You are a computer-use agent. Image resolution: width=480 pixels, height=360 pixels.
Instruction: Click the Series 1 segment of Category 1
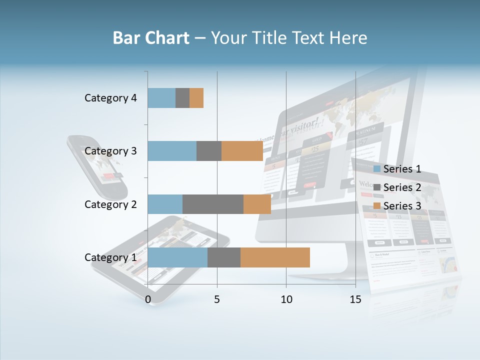pyautogui.click(x=177, y=257)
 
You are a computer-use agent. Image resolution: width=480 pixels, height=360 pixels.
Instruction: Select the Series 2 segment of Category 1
pyautogui.click(x=224, y=257)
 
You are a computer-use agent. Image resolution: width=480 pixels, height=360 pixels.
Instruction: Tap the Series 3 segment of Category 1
pyautogui.click(x=275, y=257)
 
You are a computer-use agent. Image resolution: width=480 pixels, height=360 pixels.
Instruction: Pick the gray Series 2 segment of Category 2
pyautogui.click(x=213, y=204)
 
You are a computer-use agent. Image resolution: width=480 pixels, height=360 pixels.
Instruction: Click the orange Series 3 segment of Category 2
pyautogui.click(x=257, y=204)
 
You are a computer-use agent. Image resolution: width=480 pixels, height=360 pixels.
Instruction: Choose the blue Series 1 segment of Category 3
pyautogui.click(x=172, y=151)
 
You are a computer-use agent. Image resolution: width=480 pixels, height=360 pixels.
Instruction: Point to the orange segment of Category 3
pyautogui.click(x=242, y=151)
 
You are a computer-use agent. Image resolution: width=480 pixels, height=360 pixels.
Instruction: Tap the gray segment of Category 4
pyautogui.click(x=182, y=98)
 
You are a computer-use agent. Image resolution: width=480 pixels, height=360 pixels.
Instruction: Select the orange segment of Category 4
pyautogui.click(x=196, y=98)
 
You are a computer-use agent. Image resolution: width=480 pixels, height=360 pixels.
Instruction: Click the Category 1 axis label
pyautogui.click(x=110, y=257)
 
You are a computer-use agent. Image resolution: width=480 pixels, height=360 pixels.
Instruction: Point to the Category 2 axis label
pyautogui.click(x=110, y=204)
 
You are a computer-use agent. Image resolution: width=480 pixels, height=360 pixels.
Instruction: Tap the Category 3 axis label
pyautogui.click(x=110, y=151)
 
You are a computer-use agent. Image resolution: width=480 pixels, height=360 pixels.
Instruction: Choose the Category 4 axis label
pyautogui.click(x=110, y=98)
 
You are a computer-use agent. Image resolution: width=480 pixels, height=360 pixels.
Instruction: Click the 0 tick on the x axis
pyautogui.click(x=148, y=299)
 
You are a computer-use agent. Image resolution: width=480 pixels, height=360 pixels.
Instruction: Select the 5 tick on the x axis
pyautogui.click(x=217, y=299)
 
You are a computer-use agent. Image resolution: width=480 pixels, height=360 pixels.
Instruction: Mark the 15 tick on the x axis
pyautogui.click(x=355, y=299)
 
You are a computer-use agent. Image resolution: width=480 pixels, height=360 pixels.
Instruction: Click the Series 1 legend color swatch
pyautogui.click(x=377, y=169)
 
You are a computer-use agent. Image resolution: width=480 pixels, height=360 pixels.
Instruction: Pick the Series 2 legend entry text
pyautogui.click(x=402, y=187)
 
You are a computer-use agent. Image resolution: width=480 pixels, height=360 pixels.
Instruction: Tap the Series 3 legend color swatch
pyautogui.click(x=377, y=206)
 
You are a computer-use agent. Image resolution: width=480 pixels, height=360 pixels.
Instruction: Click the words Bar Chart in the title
pyautogui.click(x=150, y=38)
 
